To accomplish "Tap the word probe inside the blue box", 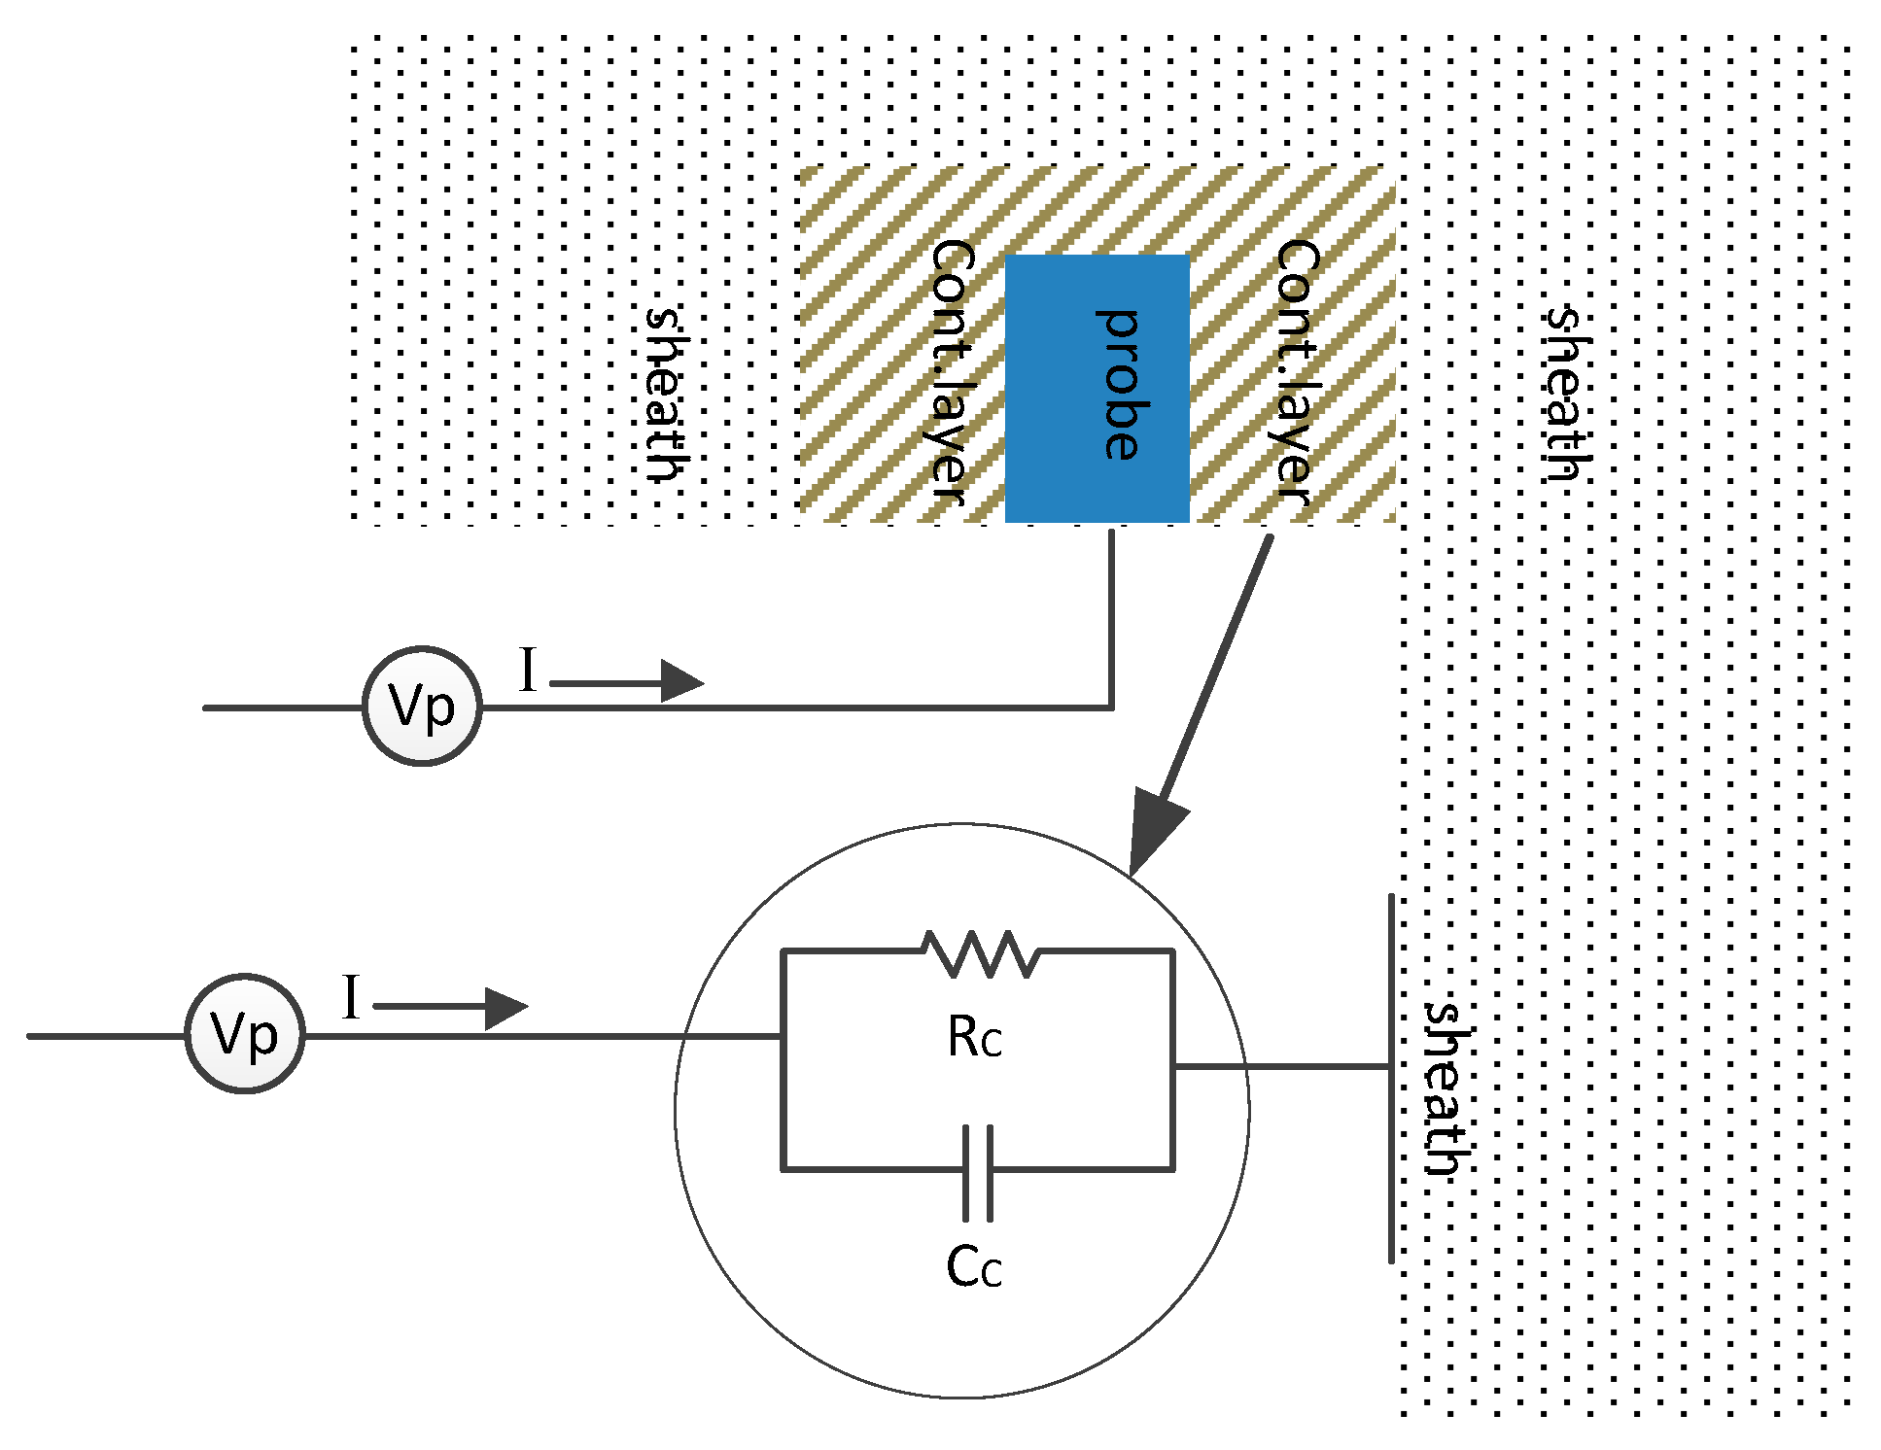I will coord(1120,385).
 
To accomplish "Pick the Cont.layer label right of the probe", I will coord(1297,371).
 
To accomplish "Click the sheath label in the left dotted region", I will coord(668,394).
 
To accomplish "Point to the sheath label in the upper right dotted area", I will coord(1567,394).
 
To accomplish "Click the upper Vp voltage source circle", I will coord(422,707).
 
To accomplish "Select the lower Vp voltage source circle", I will coord(245,1034).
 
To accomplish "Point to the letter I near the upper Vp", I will coord(528,671).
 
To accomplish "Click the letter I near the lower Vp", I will coord(351,998).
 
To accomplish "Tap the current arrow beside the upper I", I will coord(627,681).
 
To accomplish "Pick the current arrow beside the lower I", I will coord(450,1008).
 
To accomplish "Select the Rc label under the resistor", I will coord(974,1038).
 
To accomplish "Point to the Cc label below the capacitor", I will coord(974,1266).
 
